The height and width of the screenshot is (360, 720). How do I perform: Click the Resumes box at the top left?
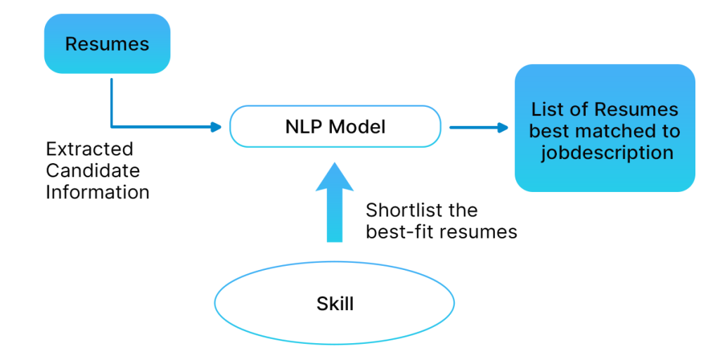(107, 44)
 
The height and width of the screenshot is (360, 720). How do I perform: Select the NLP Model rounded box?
(335, 127)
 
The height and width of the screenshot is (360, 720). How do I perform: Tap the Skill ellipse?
(335, 304)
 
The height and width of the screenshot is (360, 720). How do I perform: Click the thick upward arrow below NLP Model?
(335, 204)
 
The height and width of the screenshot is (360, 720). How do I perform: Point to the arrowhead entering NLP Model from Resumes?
(216, 127)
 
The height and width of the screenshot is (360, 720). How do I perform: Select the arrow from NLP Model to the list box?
(478, 127)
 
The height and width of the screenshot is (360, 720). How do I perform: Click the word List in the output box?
(546, 110)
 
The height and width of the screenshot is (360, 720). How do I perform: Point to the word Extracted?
(89, 149)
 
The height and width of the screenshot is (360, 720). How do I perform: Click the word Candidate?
(92, 170)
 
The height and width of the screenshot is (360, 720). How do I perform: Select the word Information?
(97, 192)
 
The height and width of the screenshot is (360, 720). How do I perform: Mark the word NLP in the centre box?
(303, 127)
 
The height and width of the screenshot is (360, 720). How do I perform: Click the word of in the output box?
(581, 110)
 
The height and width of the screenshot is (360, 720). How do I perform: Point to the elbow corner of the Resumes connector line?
(112, 127)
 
